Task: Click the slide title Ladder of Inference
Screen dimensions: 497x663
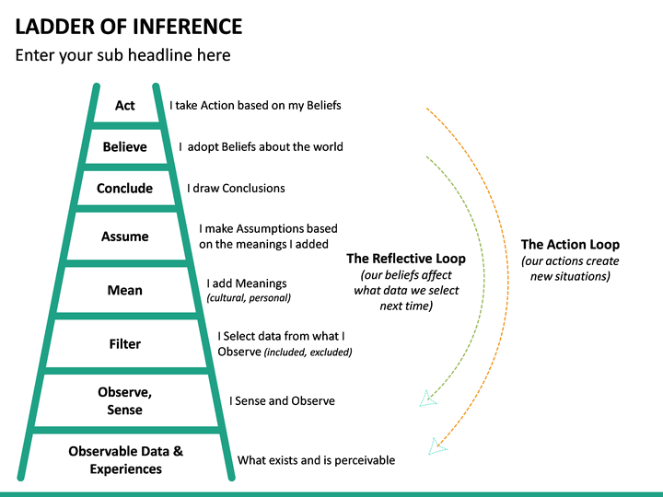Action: point(129,26)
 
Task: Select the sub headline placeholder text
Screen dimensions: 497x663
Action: point(122,55)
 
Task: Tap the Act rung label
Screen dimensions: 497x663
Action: point(124,105)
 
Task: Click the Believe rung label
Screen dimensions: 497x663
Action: point(124,146)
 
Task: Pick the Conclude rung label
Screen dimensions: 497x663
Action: point(124,188)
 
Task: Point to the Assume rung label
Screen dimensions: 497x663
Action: point(124,237)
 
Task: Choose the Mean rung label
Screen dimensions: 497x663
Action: point(124,290)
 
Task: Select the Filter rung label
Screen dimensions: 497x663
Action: point(124,344)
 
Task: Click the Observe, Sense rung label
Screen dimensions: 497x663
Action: point(124,400)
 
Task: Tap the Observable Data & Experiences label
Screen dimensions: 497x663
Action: point(125,459)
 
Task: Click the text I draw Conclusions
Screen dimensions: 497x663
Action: point(236,188)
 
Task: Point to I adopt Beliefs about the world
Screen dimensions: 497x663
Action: point(261,146)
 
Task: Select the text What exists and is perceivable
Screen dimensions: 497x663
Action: point(316,459)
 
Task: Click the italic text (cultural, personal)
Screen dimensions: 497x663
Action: point(249,297)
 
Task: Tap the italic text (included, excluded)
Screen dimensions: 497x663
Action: point(308,352)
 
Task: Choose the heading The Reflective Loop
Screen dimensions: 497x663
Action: point(406,258)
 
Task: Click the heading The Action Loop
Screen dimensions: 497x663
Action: point(570,244)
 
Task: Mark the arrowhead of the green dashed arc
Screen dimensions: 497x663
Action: point(427,399)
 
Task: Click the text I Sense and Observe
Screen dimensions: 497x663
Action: point(282,400)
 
